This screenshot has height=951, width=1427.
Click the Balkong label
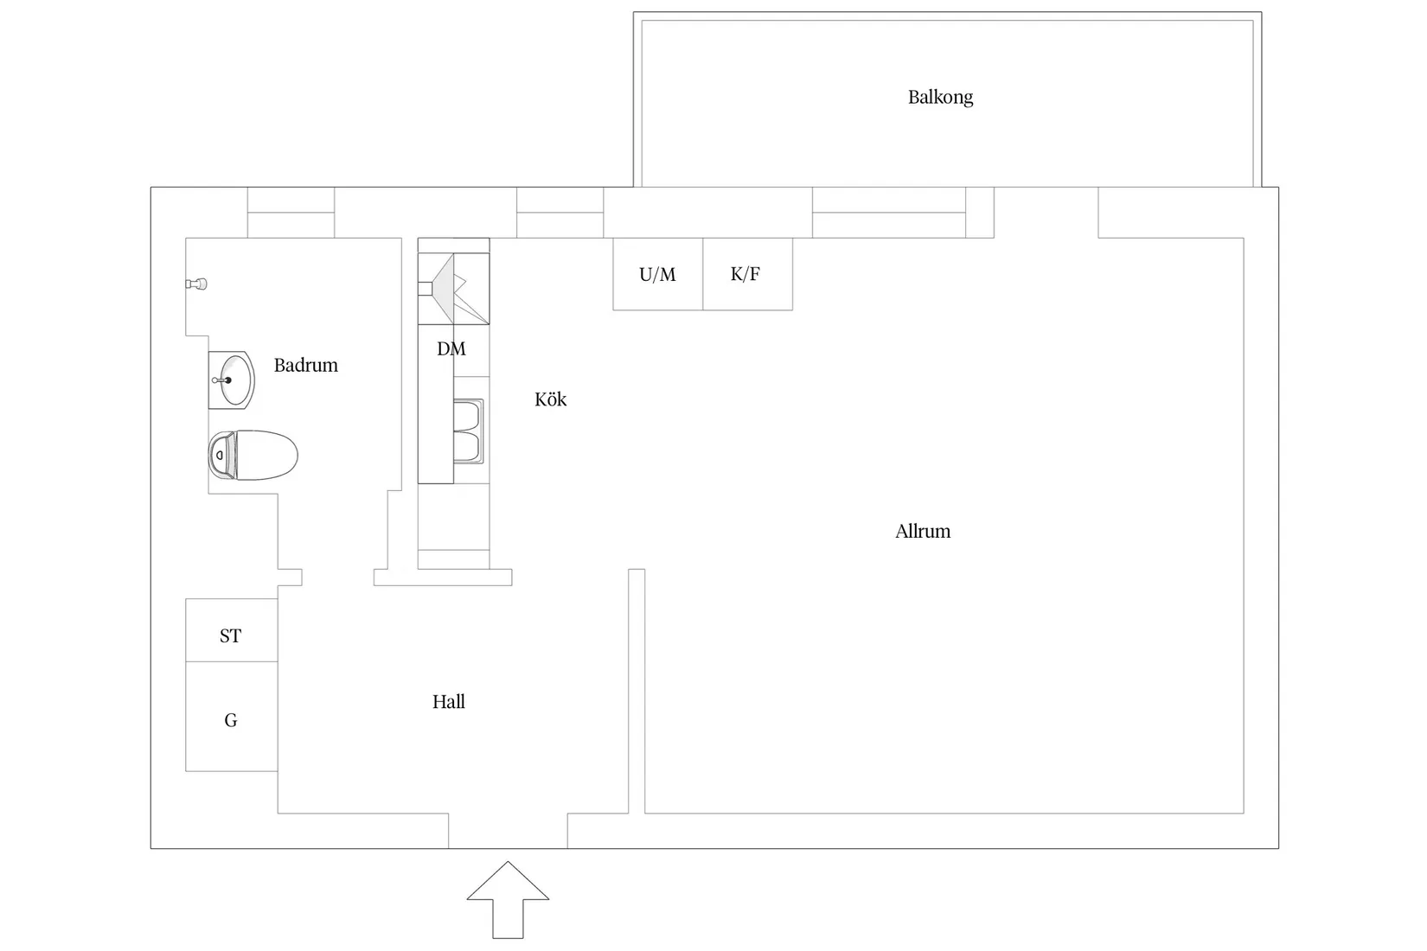[x=940, y=97]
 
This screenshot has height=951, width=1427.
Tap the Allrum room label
[x=923, y=531]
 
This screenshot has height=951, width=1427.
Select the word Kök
[x=551, y=399]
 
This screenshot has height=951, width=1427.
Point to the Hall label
[x=449, y=702]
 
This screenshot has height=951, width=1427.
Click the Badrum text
[x=306, y=365]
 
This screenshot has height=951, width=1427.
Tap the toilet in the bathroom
[x=253, y=455]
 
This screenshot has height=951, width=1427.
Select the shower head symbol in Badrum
[x=198, y=284]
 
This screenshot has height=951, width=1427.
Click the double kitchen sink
[x=468, y=431]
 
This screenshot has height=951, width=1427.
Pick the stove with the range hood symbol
[x=454, y=282]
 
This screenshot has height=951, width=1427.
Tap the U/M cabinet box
[x=657, y=274]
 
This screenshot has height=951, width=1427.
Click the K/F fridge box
[x=746, y=274]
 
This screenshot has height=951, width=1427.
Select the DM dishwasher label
[x=451, y=349]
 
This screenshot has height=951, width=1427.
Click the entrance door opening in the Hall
[x=508, y=831]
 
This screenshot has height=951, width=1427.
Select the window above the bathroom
[x=291, y=213]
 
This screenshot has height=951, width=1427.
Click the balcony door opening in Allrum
[x=1046, y=213]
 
